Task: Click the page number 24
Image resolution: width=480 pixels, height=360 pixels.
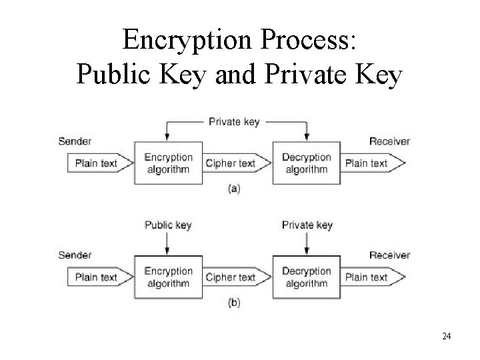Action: [x=446, y=336]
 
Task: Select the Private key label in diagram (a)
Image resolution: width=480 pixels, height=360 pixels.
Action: [x=234, y=122]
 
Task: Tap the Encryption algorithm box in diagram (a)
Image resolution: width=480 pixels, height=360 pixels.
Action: [x=168, y=163]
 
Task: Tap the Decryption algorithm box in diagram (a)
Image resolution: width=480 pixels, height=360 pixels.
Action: [x=306, y=163]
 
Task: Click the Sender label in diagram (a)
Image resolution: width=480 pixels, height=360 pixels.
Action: [x=75, y=141]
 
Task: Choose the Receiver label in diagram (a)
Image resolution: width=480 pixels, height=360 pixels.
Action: [x=390, y=141]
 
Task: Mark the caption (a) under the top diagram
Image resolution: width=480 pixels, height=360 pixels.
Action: [x=234, y=189]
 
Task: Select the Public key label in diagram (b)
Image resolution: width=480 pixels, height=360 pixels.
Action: [x=168, y=225]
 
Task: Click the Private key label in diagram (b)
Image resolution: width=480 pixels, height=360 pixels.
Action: [x=307, y=225]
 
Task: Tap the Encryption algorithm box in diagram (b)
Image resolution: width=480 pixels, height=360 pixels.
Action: [x=168, y=277]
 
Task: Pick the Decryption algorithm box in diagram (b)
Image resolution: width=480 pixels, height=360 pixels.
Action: [x=306, y=277]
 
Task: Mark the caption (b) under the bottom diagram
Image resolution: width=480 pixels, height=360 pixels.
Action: [x=234, y=303]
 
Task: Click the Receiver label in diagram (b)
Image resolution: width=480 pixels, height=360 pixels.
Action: [x=390, y=255]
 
